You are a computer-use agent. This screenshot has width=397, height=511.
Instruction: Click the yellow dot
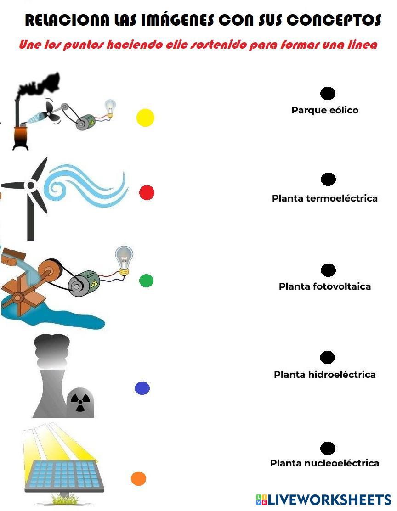(145, 118)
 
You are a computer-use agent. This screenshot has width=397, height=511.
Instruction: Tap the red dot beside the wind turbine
(147, 192)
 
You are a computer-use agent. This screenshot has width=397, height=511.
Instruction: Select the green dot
(146, 281)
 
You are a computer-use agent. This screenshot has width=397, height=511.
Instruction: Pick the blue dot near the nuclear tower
(142, 388)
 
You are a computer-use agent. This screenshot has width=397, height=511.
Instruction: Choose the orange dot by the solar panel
(138, 478)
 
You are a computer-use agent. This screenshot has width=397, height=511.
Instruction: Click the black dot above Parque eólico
(328, 94)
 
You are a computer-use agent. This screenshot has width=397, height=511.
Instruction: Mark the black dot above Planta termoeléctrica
(328, 179)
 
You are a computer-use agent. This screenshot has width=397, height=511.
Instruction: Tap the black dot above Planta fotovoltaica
(328, 270)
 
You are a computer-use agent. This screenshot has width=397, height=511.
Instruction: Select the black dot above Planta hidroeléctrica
(327, 357)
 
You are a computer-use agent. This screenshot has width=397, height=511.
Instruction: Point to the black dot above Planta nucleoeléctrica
(328, 448)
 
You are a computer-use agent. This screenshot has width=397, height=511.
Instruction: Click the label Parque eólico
(325, 110)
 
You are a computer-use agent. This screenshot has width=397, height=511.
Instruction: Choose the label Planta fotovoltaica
(325, 286)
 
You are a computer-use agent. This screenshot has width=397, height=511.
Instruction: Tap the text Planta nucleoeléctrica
(325, 463)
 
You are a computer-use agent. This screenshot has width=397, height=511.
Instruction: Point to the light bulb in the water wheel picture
(123, 259)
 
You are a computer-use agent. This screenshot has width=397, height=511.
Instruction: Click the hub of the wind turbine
(31, 185)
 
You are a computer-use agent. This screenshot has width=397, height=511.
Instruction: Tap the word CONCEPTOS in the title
(334, 20)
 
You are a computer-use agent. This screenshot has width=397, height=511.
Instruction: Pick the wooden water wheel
(18, 296)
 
